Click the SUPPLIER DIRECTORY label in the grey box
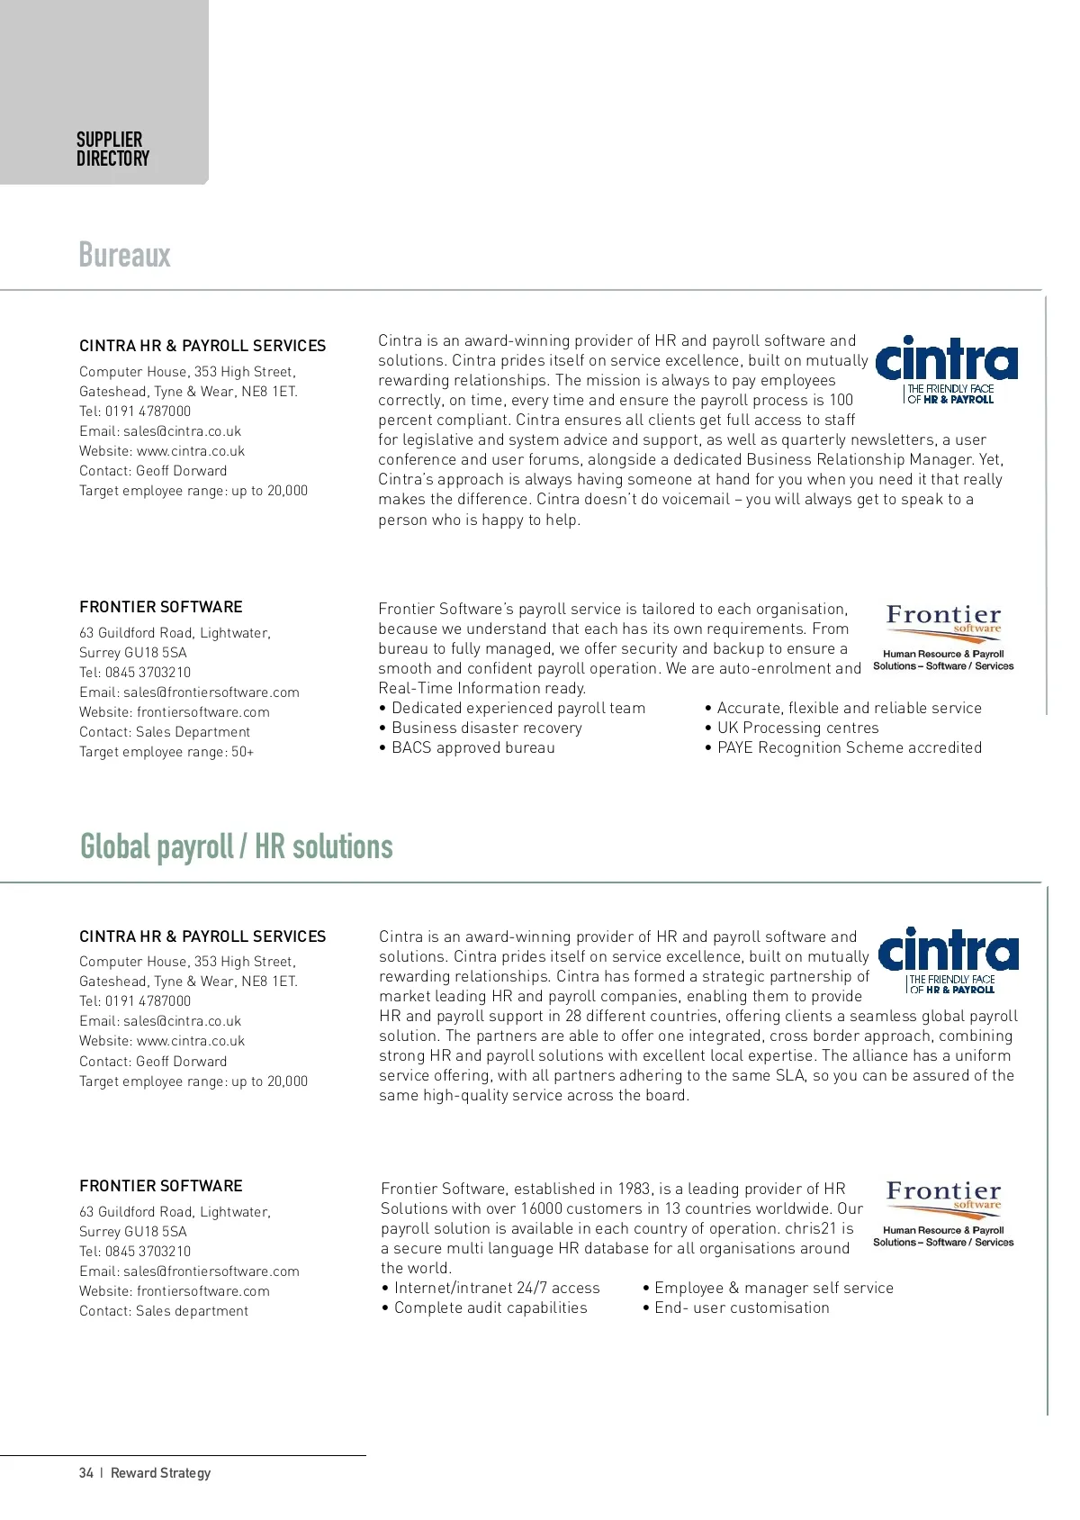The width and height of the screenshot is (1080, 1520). pyautogui.click(x=112, y=149)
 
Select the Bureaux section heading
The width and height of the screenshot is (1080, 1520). pyautogui.click(x=124, y=255)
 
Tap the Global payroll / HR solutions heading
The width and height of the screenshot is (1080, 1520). pyautogui.click(x=236, y=846)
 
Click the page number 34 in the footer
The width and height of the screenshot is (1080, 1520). pyautogui.click(x=86, y=1473)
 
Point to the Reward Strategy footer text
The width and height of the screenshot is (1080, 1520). pyautogui.click(x=160, y=1473)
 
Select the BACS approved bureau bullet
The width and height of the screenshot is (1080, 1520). pyautogui.click(x=472, y=748)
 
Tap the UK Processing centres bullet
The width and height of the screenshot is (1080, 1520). pyautogui.click(x=797, y=728)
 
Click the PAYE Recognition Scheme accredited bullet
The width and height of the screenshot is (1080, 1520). pyautogui.click(x=849, y=748)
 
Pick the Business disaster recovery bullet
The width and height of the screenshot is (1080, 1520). pyautogui.click(x=486, y=728)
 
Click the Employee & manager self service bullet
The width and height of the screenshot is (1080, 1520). pyautogui.click(x=773, y=1289)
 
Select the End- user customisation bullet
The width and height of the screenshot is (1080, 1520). pyautogui.click(x=742, y=1308)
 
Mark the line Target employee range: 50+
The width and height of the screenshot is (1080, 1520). pyautogui.click(x=166, y=752)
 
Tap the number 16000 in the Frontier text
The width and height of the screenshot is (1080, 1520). pyautogui.click(x=541, y=1209)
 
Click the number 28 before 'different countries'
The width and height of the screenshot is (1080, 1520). pyautogui.click(x=573, y=1017)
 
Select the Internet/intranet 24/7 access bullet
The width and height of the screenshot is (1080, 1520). pyautogui.click(x=496, y=1289)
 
